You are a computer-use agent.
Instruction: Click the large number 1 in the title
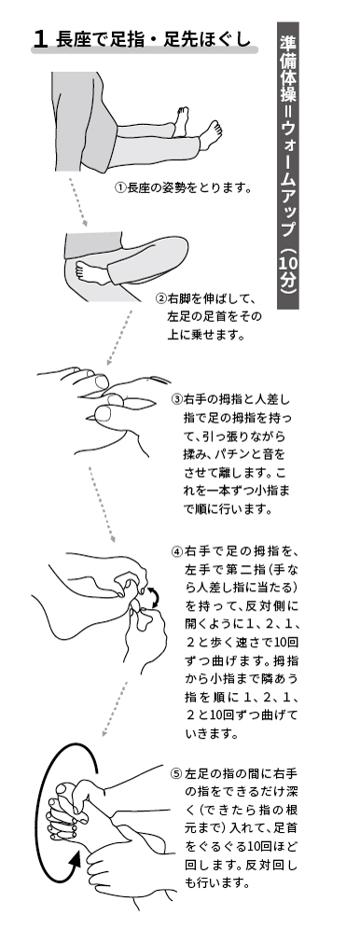pos(40,40)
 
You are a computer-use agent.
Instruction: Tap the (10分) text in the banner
pos(288,270)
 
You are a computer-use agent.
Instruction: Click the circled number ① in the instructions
pos(121,188)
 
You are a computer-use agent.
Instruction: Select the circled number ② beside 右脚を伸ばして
pos(160,298)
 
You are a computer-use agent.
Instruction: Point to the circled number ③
pos(176,398)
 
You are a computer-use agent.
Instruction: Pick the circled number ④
pos(176,552)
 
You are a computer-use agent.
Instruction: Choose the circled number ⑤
pos(176,774)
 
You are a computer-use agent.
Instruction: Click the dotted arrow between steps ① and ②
pos(78,202)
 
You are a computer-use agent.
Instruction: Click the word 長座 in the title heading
pos(68,40)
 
